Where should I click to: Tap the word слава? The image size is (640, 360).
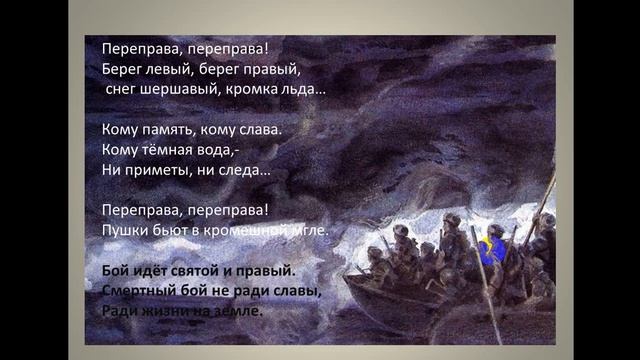[x=256, y=129]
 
